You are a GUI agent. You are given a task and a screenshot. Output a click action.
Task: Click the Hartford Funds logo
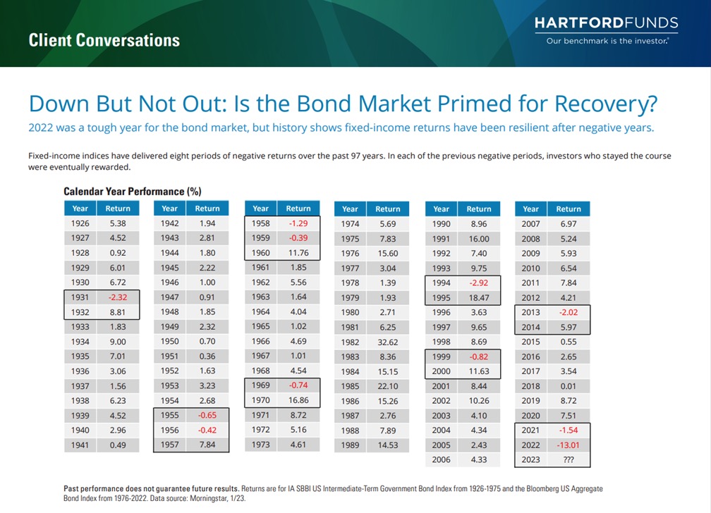click(x=607, y=23)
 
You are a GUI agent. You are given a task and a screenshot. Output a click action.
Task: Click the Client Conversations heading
click(x=104, y=39)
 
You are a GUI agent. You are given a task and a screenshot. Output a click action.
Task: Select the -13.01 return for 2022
click(x=568, y=445)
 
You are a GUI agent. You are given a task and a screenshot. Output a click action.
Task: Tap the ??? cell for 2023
click(x=568, y=459)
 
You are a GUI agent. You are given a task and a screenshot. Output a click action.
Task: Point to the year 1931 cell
click(x=80, y=297)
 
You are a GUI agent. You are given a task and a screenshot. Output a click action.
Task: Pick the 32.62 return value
click(x=387, y=342)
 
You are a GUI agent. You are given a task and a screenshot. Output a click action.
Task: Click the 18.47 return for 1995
click(x=479, y=297)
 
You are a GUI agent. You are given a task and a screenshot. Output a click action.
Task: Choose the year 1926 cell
click(x=80, y=223)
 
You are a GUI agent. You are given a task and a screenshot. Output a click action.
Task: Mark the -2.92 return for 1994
click(x=479, y=283)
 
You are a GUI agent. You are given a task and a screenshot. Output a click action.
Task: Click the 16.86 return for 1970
click(x=298, y=400)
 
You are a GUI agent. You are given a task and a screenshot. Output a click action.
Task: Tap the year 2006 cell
click(x=441, y=459)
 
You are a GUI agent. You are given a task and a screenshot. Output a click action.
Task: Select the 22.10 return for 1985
click(x=387, y=386)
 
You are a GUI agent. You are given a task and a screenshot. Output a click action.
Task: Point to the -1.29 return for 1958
click(x=298, y=223)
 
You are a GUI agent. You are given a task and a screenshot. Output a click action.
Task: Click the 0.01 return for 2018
click(x=568, y=386)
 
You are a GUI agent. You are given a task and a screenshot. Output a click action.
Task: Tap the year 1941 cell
click(x=80, y=445)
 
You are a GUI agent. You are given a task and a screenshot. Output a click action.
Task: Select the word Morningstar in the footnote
click(x=218, y=497)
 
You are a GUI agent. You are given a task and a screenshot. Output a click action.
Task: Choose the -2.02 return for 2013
click(x=568, y=312)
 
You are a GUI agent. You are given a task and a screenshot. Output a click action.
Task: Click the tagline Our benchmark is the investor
click(x=607, y=41)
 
